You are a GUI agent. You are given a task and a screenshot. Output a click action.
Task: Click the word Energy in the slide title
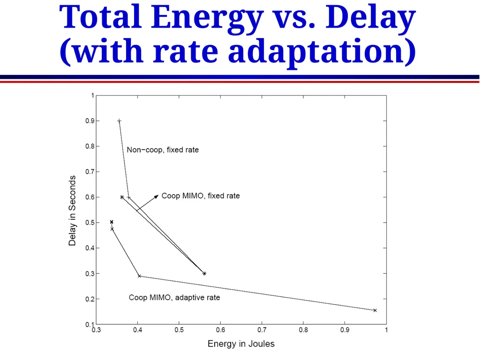pyautogui.click(x=207, y=18)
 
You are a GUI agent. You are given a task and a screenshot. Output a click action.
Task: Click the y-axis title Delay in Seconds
pyautogui.click(x=72, y=210)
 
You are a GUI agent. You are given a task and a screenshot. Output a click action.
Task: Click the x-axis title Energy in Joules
pyautogui.click(x=241, y=344)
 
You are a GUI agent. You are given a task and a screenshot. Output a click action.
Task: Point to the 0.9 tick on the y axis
pyautogui.click(x=90, y=121)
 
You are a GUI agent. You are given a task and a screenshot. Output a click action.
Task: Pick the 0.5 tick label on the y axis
pyautogui.click(x=90, y=223)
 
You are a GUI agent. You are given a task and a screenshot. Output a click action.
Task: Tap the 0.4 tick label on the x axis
pyautogui.click(x=138, y=330)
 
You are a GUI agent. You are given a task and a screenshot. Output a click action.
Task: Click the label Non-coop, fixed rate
pyautogui.click(x=163, y=150)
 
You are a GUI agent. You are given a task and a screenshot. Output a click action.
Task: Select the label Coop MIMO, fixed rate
pyautogui.click(x=201, y=196)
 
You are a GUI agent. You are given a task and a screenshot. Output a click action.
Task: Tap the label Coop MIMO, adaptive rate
pyautogui.click(x=174, y=298)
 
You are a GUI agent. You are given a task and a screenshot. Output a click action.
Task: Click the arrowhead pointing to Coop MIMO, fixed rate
pyautogui.click(x=156, y=196)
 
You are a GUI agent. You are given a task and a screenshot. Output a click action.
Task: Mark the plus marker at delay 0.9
pyautogui.click(x=120, y=121)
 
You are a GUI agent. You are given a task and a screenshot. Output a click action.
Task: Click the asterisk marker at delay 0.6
pyautogui.click(x=122, y=197)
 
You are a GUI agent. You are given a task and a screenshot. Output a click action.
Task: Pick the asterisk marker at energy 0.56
pyautogui.click(x=204, y=273)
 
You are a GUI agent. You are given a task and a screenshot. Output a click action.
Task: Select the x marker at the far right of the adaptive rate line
pyautogui.click(x=375, y=310)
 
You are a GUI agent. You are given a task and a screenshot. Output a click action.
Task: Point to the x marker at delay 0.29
pyautogui.click(x=139, y=276)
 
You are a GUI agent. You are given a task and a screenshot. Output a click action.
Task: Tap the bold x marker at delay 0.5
pyautogui.click(x=112, y=222)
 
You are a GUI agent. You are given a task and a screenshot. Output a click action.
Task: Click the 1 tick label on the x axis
pyautogui.click(x=386, y=330)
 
